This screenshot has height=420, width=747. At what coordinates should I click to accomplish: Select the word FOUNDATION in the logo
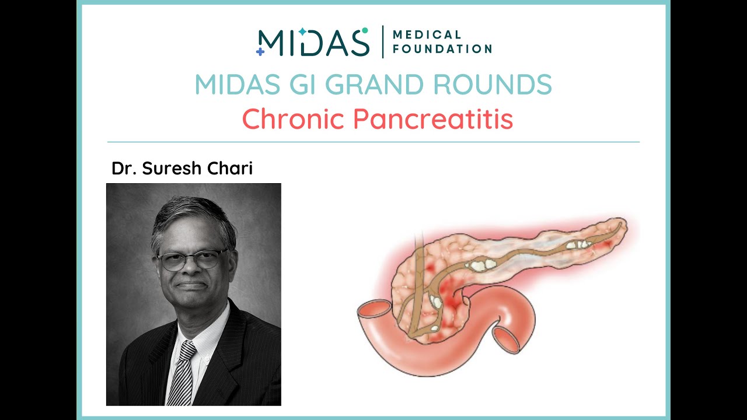click(x=442, y=49)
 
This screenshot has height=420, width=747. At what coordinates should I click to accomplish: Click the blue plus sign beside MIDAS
click(x=260, y=51)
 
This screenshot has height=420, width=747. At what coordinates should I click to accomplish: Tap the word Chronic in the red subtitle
click(x=294, y=120)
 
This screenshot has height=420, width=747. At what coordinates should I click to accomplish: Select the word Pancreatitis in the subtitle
click(x=434, y=120)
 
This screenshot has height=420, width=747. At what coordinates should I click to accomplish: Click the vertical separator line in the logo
click(x=383, y=42)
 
